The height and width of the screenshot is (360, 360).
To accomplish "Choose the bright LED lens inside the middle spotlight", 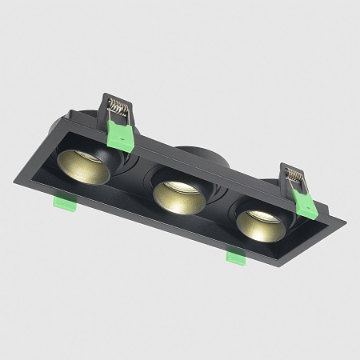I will [181, 187].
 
